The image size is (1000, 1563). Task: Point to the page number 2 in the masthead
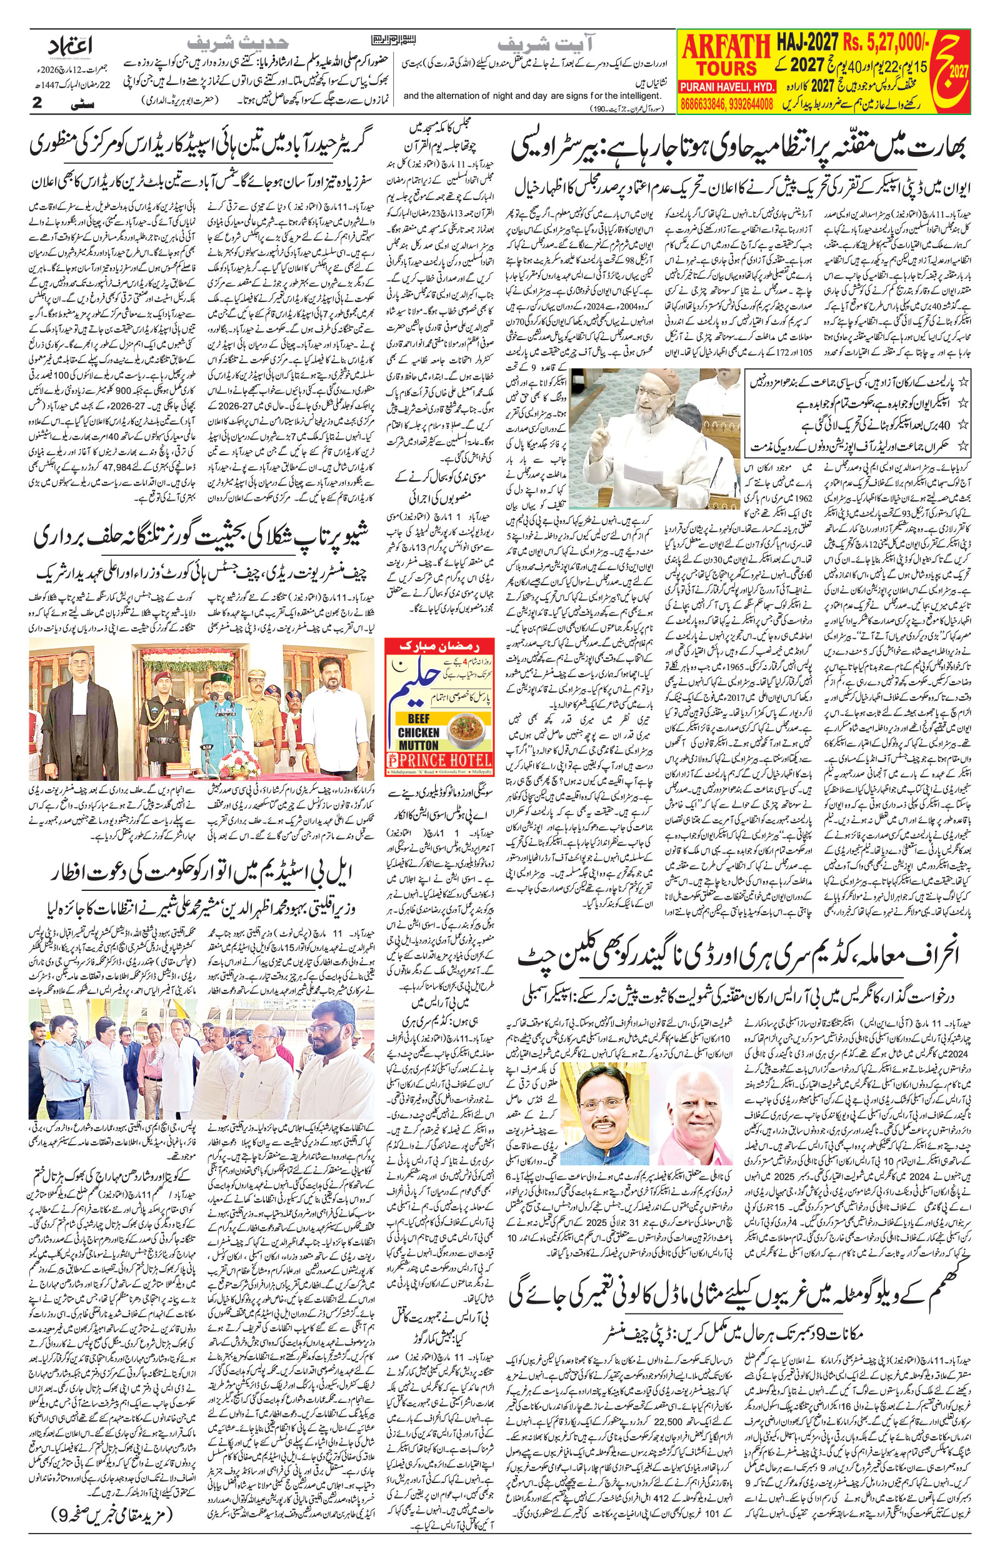[x=37, y=104]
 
